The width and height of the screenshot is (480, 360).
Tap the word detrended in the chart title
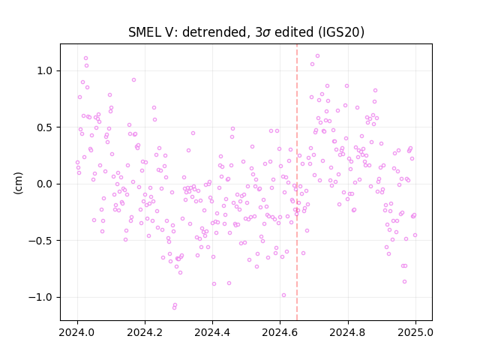coord(214,32)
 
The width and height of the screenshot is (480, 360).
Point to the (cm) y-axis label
coord(18,183)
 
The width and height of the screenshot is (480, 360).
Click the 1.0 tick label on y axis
coord(46,70)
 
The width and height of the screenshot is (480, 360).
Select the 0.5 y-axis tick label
coord(46,127)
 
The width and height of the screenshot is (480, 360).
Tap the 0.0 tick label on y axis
coord(46,184)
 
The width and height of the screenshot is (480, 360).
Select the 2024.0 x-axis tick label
coord(77,332)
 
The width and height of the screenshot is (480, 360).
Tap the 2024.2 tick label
coord(145,332)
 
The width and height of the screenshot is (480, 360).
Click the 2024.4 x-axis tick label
coord(212,332)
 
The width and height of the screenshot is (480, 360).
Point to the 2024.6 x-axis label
coord(280,332)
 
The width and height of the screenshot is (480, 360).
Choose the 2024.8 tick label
coord(348,332)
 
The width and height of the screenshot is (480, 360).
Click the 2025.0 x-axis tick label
coord(415,332)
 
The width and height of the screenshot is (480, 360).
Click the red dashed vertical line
coord(297,182)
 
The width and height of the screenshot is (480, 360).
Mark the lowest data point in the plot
coord(174,307)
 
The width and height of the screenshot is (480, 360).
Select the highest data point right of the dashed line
coord(317,56)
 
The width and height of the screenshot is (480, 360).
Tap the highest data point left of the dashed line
coord(85,58)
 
